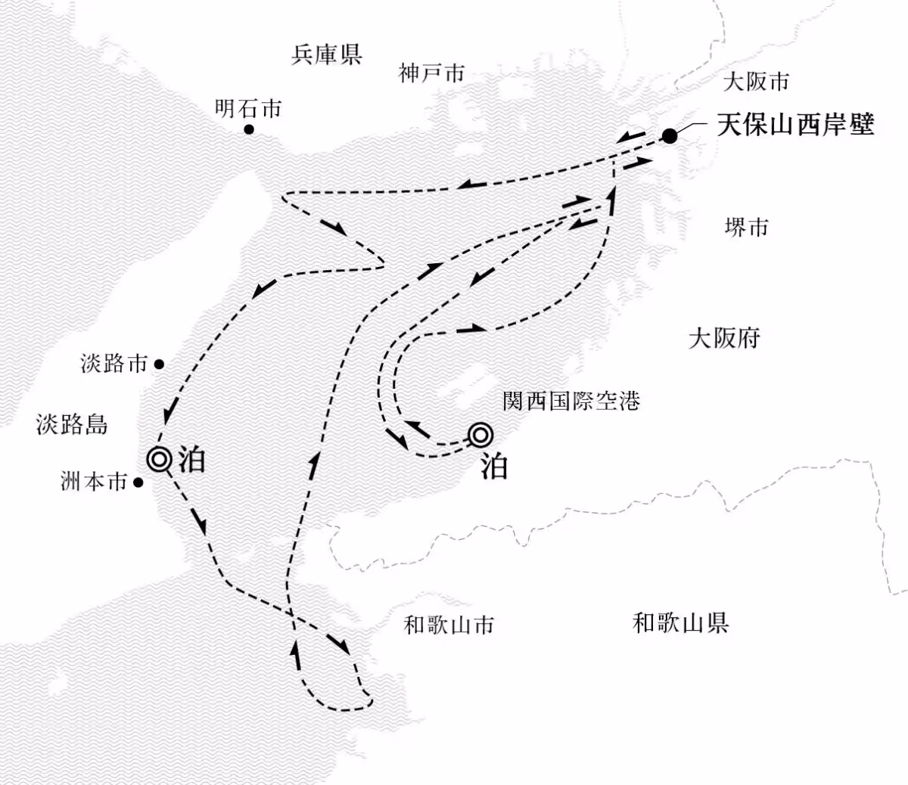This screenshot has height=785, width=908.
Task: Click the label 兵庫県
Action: point(326,54)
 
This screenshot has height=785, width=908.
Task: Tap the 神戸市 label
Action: point(431,73)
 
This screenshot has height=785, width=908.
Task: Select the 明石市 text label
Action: point(248,109)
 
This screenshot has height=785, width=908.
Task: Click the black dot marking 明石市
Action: point(248,130)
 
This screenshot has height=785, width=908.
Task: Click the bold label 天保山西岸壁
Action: point(795,125)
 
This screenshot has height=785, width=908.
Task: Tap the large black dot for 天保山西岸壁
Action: point(670,136)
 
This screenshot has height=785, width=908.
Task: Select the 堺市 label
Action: point(746,227)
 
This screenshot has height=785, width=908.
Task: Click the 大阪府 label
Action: point(723,337)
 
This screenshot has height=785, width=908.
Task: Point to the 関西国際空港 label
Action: point(571,400)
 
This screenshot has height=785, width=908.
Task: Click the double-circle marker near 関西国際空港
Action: point(480,435)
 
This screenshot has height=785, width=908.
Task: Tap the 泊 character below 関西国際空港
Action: point(493,467)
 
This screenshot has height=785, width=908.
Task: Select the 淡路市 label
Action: point(114,364)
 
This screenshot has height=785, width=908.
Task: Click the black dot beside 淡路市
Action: point(159,364)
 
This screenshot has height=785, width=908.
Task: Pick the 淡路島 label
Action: point(71,424)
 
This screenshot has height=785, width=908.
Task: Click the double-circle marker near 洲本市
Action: point(160,458)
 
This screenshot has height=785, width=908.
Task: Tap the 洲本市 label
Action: point(94,482)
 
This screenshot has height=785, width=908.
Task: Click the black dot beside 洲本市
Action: point(138,482)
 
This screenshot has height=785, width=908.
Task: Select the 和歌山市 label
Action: point(449,625)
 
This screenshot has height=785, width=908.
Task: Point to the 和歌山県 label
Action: point(680,623)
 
